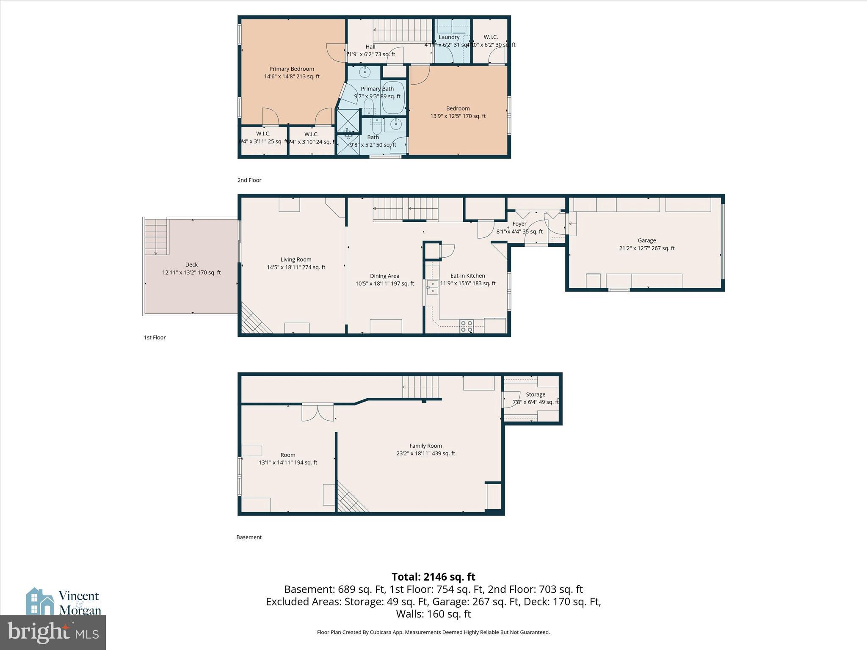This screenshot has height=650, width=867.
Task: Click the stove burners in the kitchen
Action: click(x=467, y=326)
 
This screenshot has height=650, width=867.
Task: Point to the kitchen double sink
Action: click(x=432, y=287)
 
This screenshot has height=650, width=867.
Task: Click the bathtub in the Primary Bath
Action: click(x=392, y=97)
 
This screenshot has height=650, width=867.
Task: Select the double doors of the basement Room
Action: click(x=318, y=413)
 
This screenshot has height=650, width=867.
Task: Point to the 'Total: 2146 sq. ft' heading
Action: click(x=433, y=577)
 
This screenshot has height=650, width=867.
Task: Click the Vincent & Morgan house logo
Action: click(x=40, y=601)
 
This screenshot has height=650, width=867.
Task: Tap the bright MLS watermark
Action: click(x=52, y=632)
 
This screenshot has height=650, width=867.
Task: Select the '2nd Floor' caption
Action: click(x=249, y=180)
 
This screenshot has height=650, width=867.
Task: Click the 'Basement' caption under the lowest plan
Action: click(x=249, y=537)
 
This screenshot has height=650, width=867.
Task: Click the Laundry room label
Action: click(x=449, y=37)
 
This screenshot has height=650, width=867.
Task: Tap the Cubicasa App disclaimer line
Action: click(x=433, y=632)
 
